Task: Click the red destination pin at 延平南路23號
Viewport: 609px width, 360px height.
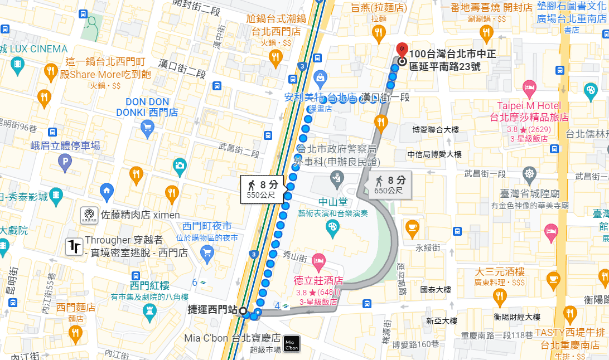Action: point(402,50)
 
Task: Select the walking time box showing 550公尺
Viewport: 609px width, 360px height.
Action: point(262,188)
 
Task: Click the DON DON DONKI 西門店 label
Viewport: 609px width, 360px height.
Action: point(147,107)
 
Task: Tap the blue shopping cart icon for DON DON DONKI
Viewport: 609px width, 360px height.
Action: point(148,130)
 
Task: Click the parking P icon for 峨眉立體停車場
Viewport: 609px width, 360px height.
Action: point(65,163)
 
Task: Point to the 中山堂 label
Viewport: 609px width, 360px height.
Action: point(333,202)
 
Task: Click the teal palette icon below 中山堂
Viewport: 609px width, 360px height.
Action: point(332,227)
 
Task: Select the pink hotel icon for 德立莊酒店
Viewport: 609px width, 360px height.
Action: point(318,260)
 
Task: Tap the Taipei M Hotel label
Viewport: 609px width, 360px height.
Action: point(529,106)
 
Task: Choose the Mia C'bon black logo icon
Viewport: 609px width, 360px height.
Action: point(291,344)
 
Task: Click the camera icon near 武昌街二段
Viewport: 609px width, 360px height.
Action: point(180,164)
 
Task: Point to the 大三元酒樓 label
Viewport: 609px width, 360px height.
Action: point(500,272)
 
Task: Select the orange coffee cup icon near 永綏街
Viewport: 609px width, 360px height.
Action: point(412,226)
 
